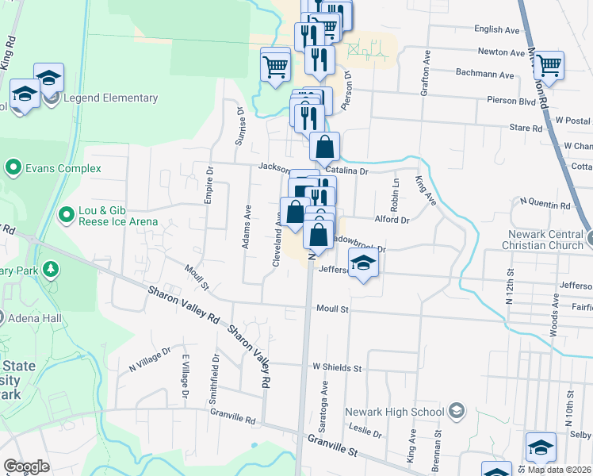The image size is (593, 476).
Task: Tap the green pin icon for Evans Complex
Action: click(13, 168)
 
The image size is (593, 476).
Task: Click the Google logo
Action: click(26, 466)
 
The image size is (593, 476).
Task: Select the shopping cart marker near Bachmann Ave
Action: click(548, 66)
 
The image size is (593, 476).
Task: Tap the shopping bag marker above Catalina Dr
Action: click(324, 147)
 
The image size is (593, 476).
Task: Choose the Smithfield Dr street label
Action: click(214, 380)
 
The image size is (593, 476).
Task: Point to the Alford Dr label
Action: click(392, 220)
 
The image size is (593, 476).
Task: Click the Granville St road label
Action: click(333, 445)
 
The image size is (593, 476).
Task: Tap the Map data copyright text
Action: click(560, 470)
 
